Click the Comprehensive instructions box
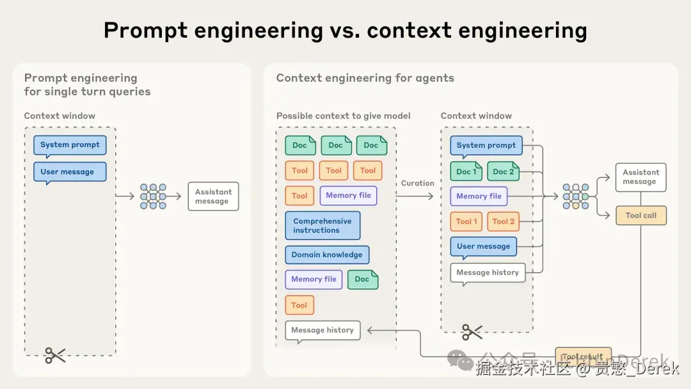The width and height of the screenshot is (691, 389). point(322,226)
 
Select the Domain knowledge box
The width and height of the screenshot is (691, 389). point(327,255)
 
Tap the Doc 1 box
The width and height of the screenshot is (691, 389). point(466,171)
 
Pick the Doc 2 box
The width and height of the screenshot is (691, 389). point(503,171)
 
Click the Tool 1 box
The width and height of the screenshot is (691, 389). point(466,221)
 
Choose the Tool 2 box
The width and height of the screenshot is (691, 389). point(504,221)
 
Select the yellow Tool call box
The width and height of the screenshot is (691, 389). point(640,216)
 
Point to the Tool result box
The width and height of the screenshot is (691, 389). point(582,356)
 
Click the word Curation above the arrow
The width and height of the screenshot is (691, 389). point(417,183)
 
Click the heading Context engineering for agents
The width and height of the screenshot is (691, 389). point(365,78)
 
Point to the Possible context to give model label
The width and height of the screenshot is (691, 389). point(343,116)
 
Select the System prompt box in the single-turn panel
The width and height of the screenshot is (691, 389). point(70,145)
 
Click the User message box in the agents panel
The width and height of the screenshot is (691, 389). point(483,246)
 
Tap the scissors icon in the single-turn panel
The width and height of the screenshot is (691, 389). point(55,355)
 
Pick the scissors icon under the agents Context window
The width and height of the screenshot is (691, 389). point(472,331)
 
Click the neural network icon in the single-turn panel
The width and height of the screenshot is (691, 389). point(153,196)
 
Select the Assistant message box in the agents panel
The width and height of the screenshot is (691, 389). point(640,177)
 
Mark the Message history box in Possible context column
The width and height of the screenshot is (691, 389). point(322,330)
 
